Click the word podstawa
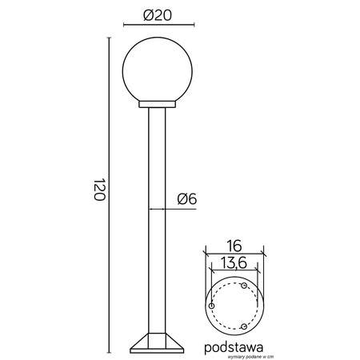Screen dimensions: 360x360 (x=234, y=347)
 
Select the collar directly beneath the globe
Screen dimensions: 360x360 (x=157, y=104)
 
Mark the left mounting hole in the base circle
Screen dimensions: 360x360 (x=211, y=306)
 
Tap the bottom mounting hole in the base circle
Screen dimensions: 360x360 (x=243, y=326)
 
